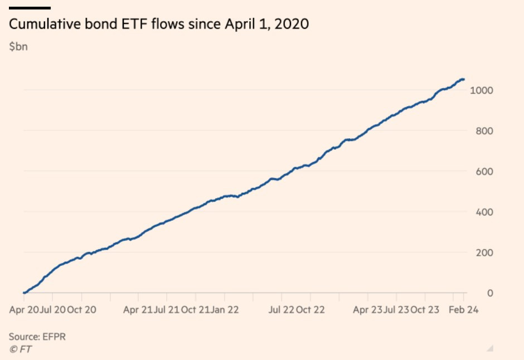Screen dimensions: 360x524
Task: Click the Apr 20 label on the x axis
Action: coord(24,309)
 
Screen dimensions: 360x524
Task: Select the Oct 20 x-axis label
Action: coord(83,309)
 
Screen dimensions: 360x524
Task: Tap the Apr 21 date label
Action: coord(138,309)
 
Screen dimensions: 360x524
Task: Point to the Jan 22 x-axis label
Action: coord(226,309)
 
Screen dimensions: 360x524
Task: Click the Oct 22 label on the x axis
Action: coord(310,309)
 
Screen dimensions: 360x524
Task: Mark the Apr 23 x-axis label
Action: coord(368,309)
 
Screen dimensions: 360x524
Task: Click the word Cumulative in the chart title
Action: coord(41,25)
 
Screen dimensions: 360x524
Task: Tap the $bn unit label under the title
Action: coord(18,47)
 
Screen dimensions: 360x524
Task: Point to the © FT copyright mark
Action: coord(20,349)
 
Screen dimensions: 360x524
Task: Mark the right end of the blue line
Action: coord(464,80)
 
